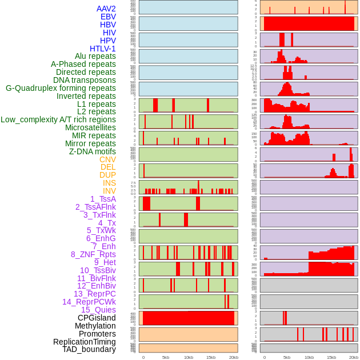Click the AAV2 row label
[x=106, y=9]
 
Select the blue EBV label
[x=108, y=17]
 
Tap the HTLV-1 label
[x=102, y=49]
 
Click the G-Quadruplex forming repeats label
[x=61, y=88]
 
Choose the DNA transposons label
[x=85, y=80]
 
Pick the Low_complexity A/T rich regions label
[x=58, y=119]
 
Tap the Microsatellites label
[x=90, y=127]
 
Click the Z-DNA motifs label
[x=93, y=151]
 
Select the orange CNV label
[x=107, y=159]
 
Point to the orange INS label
[x=109, y=183]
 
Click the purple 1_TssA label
[x=103, y=199]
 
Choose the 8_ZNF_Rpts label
[x=93, y=254]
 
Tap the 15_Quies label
[x=98, y=310]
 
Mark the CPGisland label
[x=97, y=318]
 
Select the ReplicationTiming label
[x=85, y=342]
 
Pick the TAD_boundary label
[x=89, y=349]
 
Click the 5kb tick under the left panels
[x=166, y=357]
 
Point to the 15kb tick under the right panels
[x=331, y=357]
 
